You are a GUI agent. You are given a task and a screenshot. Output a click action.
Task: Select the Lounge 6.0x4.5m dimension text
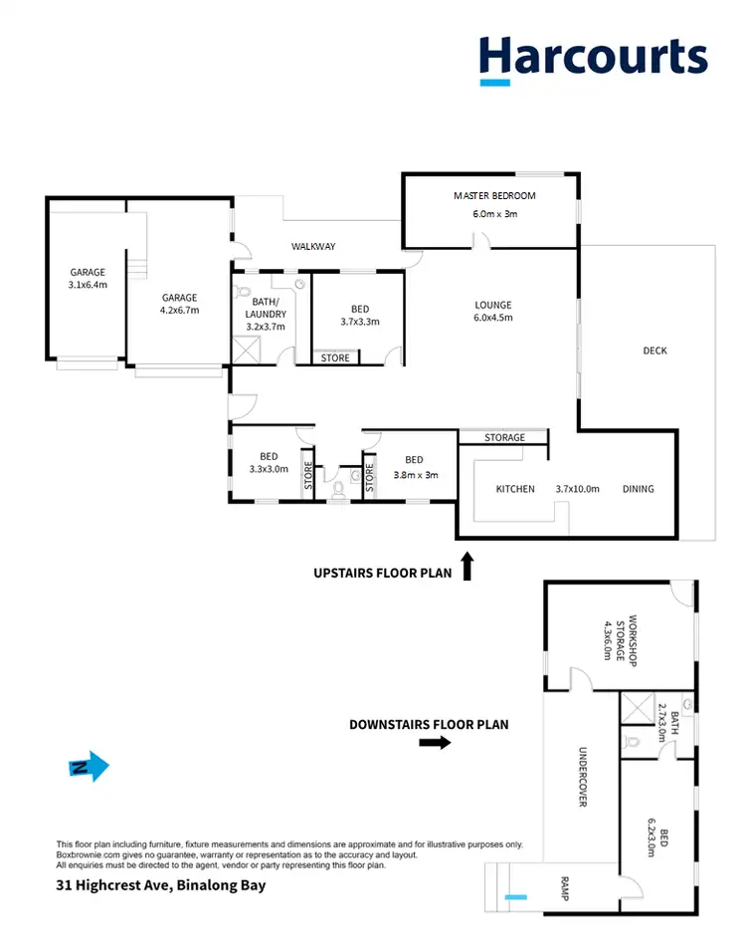pos(494,319)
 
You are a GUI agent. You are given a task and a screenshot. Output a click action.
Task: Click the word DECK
pos(654,351)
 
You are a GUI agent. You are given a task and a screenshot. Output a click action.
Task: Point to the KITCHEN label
pos(515,489)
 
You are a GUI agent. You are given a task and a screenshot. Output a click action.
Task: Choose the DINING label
pos(638,489)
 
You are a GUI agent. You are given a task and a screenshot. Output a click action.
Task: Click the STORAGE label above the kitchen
pos(504,437)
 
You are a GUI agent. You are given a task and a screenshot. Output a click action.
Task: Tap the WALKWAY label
pos(313,246)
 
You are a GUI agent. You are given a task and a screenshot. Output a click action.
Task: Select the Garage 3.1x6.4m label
pos(88,278)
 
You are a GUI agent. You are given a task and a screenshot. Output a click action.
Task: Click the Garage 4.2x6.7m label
pos(180,303)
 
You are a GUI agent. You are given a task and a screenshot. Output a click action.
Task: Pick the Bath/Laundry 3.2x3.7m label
pos(266,314)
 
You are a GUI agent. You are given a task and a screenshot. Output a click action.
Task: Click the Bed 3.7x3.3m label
pos(359,315)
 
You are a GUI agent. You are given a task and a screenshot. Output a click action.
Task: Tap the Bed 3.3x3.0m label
pos(268,463)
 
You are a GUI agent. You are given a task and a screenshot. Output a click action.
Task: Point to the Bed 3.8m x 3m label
pos(414,467)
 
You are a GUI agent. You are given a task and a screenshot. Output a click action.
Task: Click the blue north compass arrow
pos(89,767)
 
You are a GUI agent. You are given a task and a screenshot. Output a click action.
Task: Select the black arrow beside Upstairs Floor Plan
pos(467,569)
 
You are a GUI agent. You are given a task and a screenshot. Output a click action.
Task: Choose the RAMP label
pos(563,889)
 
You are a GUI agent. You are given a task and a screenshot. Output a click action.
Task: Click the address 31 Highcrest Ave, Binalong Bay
pos(160,885)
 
